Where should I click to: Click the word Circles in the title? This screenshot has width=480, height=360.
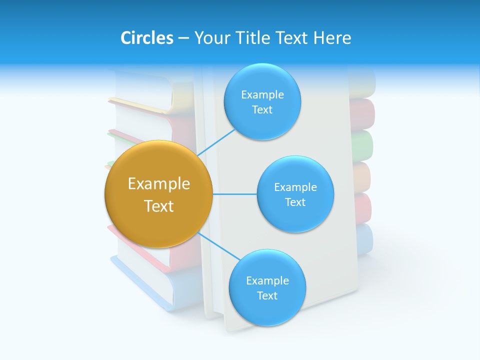(x=146, y=38)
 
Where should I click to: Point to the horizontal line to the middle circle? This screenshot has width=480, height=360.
(x=234, y=194)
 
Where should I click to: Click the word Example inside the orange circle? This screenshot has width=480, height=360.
(x=158, y=184)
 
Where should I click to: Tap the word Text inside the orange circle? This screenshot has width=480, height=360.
(x=158, y=206)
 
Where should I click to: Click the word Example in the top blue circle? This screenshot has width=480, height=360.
(x=262, y=95)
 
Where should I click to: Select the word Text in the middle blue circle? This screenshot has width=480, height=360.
(x=295, y=202)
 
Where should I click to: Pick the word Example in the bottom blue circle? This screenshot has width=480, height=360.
(x=267, y=281)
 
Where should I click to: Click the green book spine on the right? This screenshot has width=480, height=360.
(x=362, y=145)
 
